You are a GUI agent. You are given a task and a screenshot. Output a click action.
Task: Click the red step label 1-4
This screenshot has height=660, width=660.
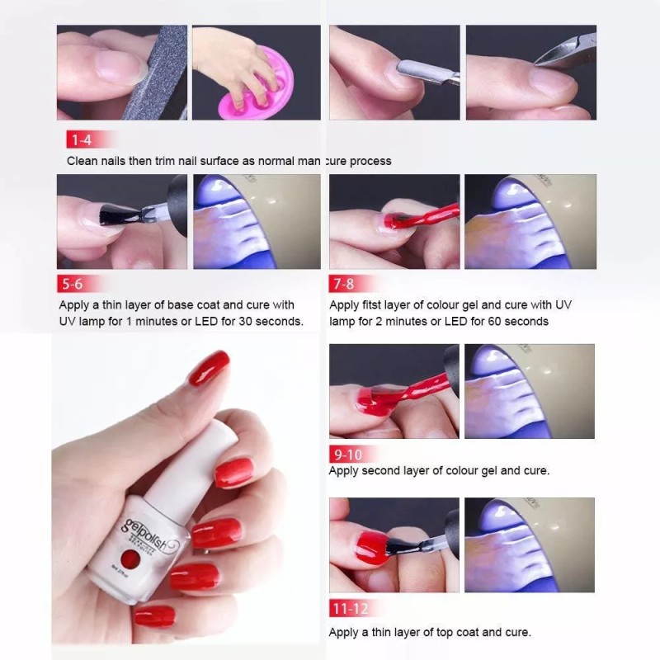(81, 139)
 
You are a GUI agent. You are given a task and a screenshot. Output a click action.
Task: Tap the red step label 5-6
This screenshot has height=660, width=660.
(72, 284)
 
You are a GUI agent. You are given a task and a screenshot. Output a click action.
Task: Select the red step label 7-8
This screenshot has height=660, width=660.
(344, 284)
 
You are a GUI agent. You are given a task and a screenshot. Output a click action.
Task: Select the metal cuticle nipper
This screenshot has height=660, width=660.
(561, 54)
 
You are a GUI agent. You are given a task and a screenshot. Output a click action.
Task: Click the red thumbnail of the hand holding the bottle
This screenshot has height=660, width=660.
(208, 368)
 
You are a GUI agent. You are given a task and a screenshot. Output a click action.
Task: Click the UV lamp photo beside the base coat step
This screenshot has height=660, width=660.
(256, 221)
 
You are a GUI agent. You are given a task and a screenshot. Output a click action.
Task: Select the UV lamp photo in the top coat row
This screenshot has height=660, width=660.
(530, 544)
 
